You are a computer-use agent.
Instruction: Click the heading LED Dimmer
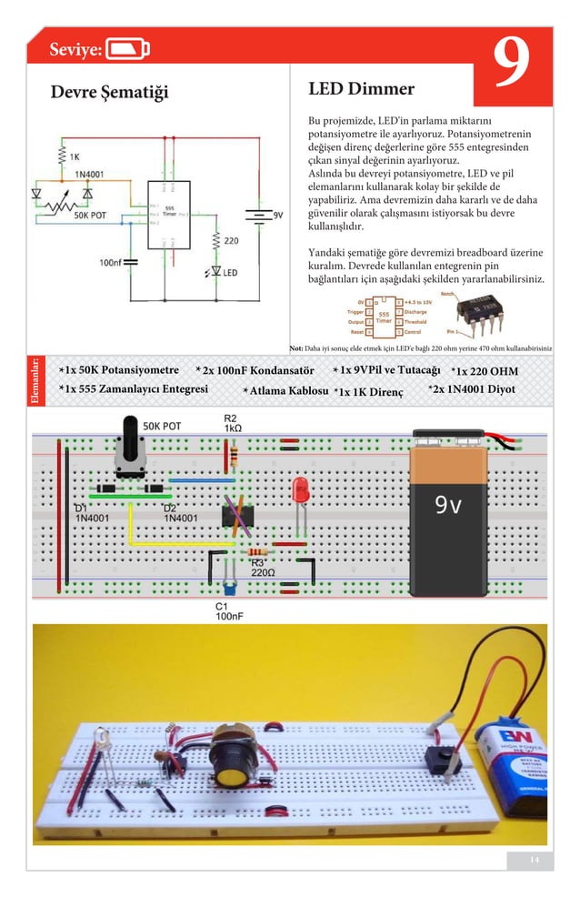click(x=361, y=88)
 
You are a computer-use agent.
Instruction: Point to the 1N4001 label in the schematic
click(x=88, y=172)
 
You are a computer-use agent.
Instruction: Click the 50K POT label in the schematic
click(x=91, y=216)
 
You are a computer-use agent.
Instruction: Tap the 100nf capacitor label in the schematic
click(x=110, y=262)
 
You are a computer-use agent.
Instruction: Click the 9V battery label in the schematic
click(x=278, y=215)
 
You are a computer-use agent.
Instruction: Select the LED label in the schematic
click(x=230, y=273)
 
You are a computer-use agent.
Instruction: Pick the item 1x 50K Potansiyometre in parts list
click(x=118, y=370)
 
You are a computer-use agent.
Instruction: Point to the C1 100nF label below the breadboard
click(x=227, y=610)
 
